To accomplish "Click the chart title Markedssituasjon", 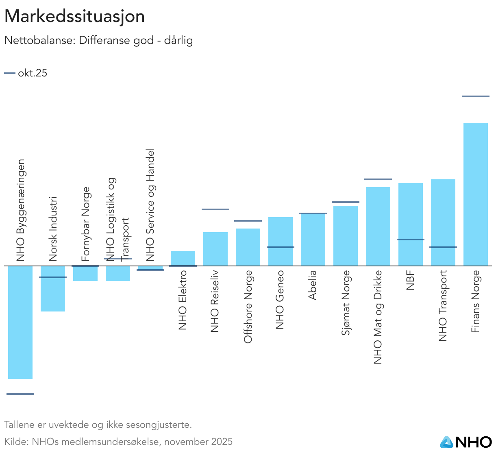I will [x=74, y=16].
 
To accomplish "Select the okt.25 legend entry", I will [x=26, y=73].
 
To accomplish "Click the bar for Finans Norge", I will [x=475, y=194].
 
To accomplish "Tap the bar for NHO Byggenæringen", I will [x=20, y=322].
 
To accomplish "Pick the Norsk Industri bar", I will [x=53, y=289].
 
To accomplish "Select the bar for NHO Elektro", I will [x=183, y=258].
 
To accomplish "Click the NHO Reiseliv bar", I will [x=215, y=249].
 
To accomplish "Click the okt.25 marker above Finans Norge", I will [x=475, y=96].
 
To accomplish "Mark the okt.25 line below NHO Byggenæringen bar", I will [x=20, y=394].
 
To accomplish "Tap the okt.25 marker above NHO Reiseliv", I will [x=215, y=209].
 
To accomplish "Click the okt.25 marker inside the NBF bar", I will [x=410, y=240].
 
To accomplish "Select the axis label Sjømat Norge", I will [x=346, y=303].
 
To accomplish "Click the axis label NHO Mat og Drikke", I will [x=378, y=317].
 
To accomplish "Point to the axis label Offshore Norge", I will [x=248, y=307].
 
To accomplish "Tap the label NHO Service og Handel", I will [x=150, y=205].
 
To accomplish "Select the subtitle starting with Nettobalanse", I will [x=98, y=41].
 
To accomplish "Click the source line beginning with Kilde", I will [x=118, y=442].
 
